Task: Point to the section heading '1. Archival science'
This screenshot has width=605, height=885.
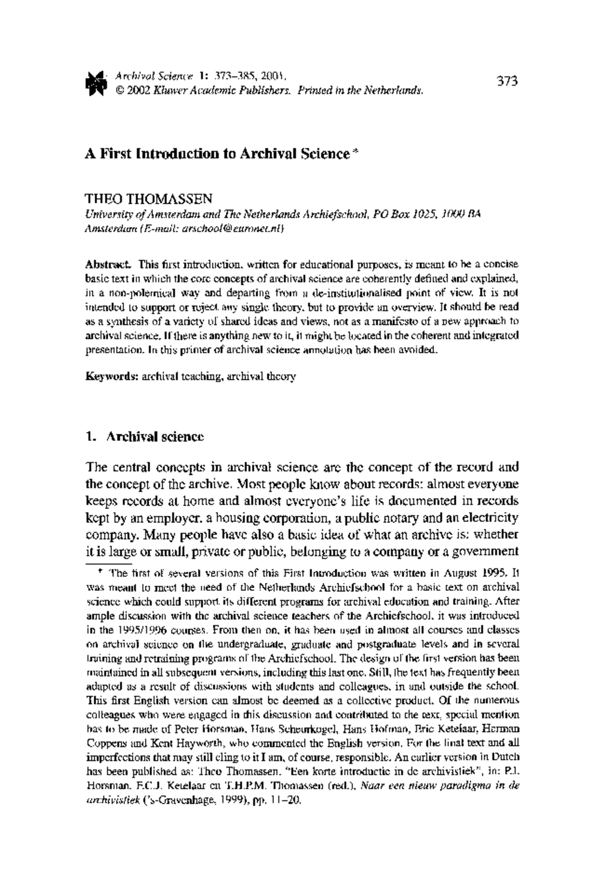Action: click(x=144, y=437)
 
